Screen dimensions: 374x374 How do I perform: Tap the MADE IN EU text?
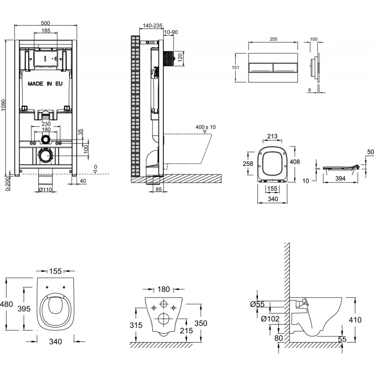click(x=45, y=84)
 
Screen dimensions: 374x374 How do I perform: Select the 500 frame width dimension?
click(x=45, y=23)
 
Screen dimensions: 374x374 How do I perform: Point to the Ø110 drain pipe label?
click(x=45, y=190)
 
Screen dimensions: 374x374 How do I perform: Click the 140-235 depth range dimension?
click(x=153, y=25)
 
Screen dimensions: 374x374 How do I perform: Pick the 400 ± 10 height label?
click(x=206, y=127)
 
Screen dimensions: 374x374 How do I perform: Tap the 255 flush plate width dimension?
click(x=273, y=39)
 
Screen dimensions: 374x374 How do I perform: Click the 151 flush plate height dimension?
click(x=235, y=67)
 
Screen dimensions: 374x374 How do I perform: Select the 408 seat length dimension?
click(x=295, y=162)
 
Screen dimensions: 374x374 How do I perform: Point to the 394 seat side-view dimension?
click(x=340, y=178)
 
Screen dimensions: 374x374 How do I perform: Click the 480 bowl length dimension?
click(x=6, y=304)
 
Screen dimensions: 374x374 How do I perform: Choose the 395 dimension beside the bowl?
click(x=24, y=309)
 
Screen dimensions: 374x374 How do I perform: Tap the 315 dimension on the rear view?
click(x=136, y=325)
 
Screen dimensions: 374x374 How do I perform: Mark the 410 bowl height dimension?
click(x=355, y=320)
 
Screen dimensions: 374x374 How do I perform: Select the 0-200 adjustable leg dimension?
click(x=8, y=183)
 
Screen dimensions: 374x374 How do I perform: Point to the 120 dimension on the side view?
click(x=180, y=57)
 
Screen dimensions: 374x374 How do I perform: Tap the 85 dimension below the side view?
click(x=159, y=189)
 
